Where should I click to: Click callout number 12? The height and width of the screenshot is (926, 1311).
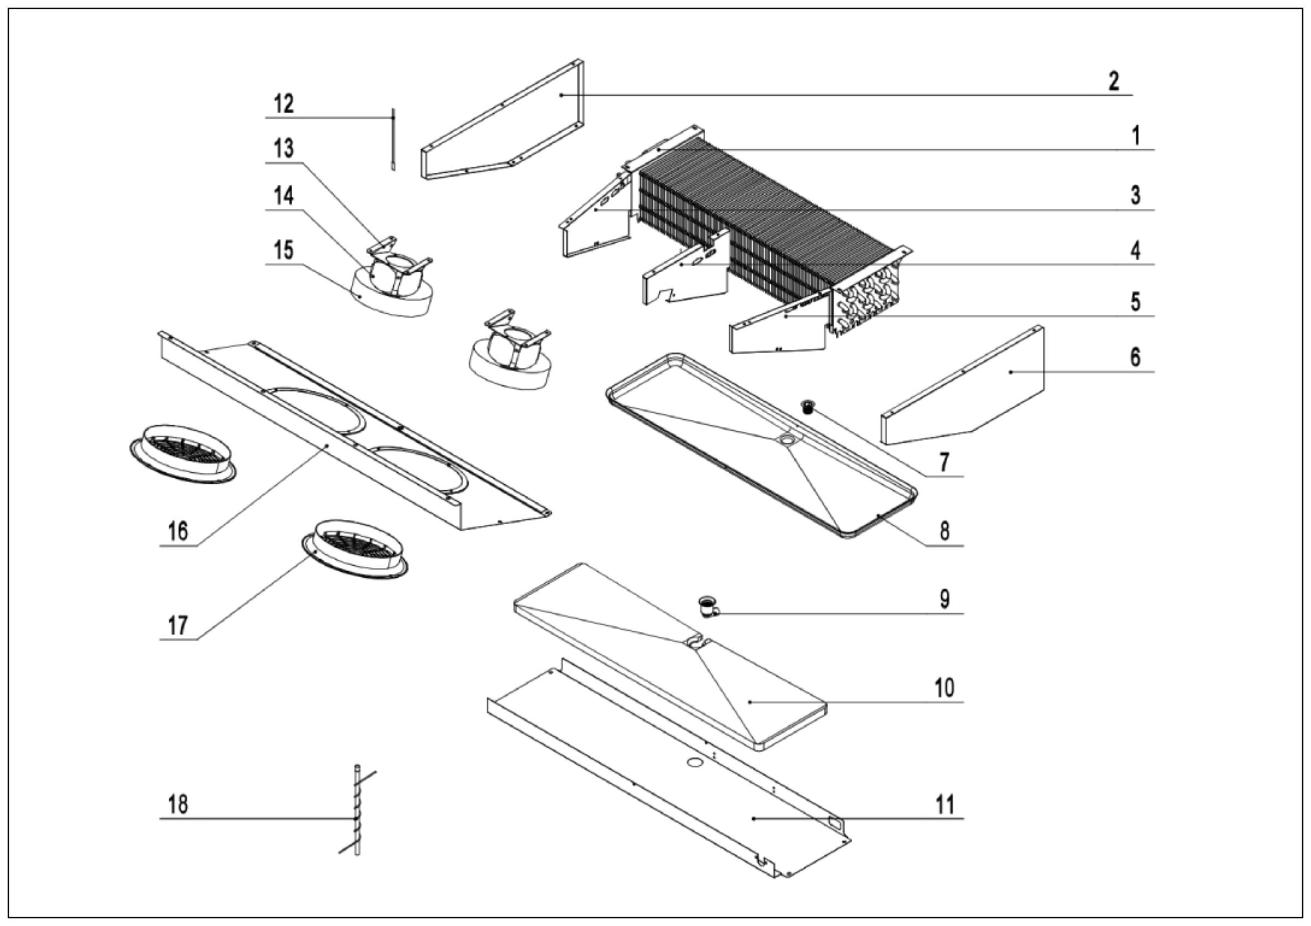click(284, 104)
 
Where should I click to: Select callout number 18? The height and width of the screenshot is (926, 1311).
click(178, 804)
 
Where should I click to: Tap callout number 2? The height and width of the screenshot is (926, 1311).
click(1113, 81)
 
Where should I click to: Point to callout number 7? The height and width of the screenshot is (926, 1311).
click(944, 461)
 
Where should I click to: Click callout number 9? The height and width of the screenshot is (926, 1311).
click(944, 599)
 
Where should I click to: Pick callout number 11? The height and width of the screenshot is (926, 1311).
click(944, 804)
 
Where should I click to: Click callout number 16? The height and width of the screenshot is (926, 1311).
click(178, 531)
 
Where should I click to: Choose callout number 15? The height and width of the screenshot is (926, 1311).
click(284, 250)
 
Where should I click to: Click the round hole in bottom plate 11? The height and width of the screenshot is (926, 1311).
click(695, 763)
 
